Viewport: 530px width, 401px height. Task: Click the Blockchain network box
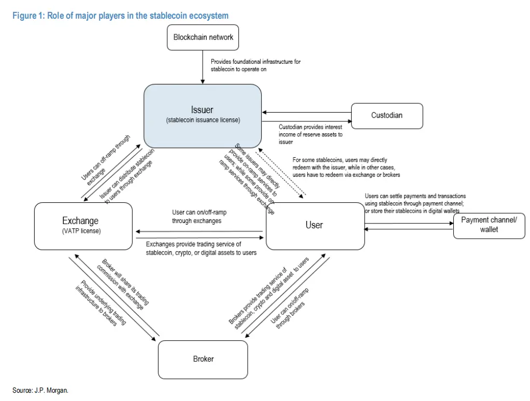(203, 37)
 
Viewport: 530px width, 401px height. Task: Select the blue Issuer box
(203, 115)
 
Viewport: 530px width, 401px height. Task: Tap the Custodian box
(386, 116)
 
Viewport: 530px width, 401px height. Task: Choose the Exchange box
(83, 226)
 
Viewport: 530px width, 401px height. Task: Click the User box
(314, 226)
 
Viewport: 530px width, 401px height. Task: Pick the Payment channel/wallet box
(489, 225)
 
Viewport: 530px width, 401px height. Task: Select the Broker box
(203, 358)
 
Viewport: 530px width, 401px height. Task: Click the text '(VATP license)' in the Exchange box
(81, 231)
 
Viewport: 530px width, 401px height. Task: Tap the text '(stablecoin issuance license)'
(203, 120)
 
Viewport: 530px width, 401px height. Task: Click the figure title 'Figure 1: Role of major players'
(120, 16)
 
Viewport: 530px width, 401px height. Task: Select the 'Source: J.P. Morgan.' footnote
(40, 390)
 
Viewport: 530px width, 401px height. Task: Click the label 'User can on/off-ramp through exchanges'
(199, 217)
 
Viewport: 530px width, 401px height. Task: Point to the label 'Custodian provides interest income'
(311, 134)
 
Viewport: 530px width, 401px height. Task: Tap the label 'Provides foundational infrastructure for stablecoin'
(255, 65)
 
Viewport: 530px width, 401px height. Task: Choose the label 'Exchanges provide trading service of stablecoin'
(201, 248)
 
